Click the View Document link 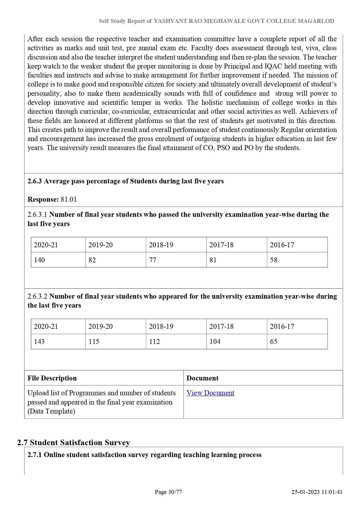pyautogui.click(x=210, y=393)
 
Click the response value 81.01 pyautogui.click(x=69, y=199)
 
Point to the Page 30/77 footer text pyautogui.click(x=168, y=492)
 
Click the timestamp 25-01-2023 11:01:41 pyautogui.click(x=317, y=492)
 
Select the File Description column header pyautogui.click(x=52, y=378)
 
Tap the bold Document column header pyautogui.click(x=202, y=378)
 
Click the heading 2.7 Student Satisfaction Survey pyautogui.click(x=74, y=443)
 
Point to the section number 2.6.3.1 pyautogui.click(x=37, y=215)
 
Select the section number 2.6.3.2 pyautogui.click(x=37, y=296)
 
